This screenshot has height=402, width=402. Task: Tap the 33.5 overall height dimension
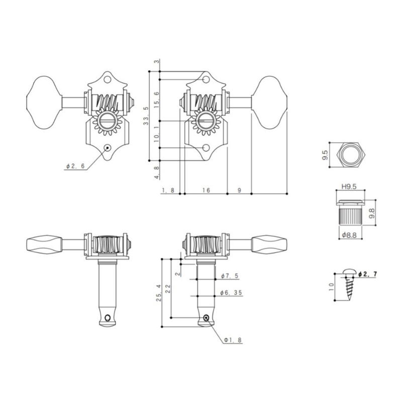tap(146, 116)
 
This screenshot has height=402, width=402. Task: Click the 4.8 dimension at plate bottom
tap(157, 172)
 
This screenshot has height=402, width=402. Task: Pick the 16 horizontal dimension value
tap(206, 190)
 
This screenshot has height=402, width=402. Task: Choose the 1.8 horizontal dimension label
tap(168, 190)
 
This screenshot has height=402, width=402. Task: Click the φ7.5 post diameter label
tap(230, 276)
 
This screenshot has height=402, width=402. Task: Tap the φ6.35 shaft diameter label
tap(231, 292)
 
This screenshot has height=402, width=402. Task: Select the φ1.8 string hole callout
tap(233, 340)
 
